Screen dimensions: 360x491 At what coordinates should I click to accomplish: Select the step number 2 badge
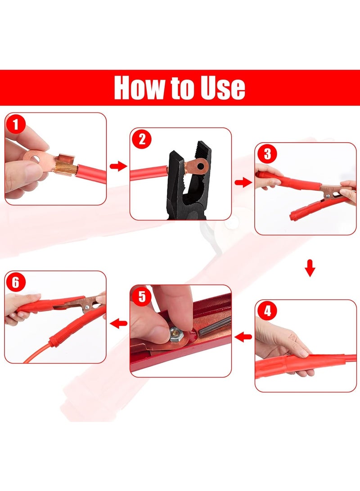pos(141,140)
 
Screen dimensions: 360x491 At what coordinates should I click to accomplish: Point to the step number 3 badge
pos(267,154)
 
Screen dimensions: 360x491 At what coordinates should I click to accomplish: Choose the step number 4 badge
pos(267,311)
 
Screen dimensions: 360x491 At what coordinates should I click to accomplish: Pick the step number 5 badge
pos(141,296)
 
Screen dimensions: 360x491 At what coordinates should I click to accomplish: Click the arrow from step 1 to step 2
pos(118,166)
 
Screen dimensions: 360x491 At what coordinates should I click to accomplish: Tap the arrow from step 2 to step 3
pos(243,182)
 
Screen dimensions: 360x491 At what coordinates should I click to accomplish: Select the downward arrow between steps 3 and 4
pos(310,268)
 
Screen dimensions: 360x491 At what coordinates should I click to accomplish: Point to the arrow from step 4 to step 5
pos(243,337)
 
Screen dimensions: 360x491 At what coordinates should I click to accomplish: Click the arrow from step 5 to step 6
pos(118,323)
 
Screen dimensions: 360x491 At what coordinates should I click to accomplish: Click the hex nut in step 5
pos(176,334)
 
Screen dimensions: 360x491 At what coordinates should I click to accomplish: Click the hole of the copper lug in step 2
pos(198,165)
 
